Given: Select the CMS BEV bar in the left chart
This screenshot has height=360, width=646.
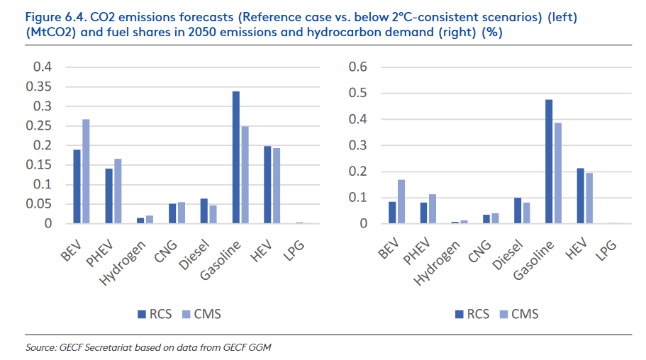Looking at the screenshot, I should (86, 171).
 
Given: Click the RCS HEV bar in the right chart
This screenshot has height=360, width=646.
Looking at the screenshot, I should (580, 196).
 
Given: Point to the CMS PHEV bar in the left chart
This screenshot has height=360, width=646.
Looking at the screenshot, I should (117, 191).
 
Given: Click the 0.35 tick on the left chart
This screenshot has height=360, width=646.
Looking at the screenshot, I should (40, 87).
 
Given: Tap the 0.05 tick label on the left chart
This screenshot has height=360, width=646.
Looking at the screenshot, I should (40, 204).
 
